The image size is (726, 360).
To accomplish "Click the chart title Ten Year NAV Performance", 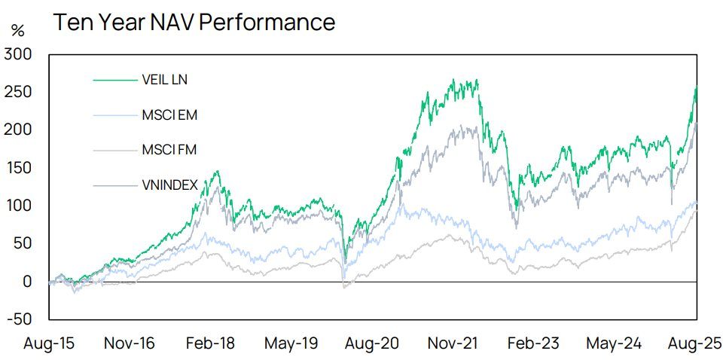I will point(194,22).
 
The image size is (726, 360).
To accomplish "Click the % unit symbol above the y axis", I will point(17,31).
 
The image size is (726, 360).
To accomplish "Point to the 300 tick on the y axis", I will point(18,54).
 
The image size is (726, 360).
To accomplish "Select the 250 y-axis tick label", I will point(18,92).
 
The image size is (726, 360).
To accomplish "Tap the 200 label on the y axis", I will point(18,130).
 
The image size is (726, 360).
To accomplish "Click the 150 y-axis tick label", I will point(18,168).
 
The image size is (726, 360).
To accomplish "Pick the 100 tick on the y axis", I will point(18,206).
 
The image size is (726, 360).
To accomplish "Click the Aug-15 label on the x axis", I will point(49,343).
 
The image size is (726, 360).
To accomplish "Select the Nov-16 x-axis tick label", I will point(130,343).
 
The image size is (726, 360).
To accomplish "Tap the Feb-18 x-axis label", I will point(209,343).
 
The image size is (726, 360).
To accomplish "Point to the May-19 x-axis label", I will point(291,343).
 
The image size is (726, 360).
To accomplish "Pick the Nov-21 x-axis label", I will point(454,343).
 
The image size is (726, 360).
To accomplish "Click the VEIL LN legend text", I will point(159,79).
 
